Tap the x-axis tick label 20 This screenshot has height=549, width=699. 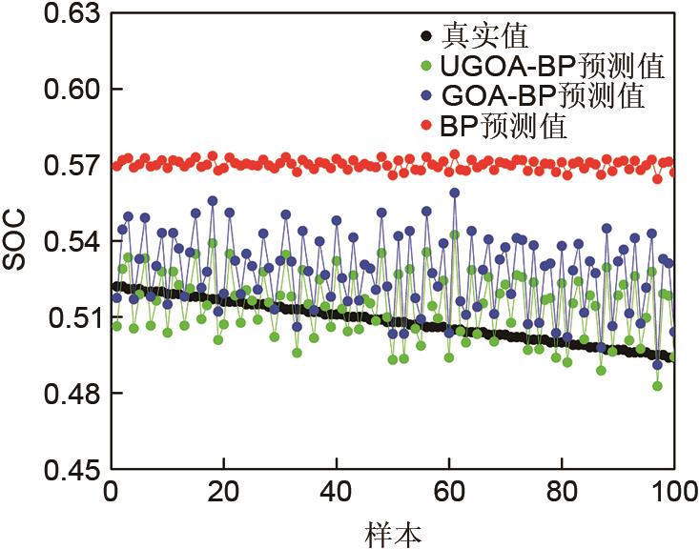224,494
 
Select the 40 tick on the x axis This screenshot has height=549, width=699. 337,494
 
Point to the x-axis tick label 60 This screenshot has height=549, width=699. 449,494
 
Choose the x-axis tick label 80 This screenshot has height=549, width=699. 562,494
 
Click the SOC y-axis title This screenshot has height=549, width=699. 16,241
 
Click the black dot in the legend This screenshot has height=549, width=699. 425,38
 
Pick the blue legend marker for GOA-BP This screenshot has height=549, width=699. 425,96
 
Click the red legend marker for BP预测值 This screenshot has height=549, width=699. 425,126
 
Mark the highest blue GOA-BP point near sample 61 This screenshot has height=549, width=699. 455,193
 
